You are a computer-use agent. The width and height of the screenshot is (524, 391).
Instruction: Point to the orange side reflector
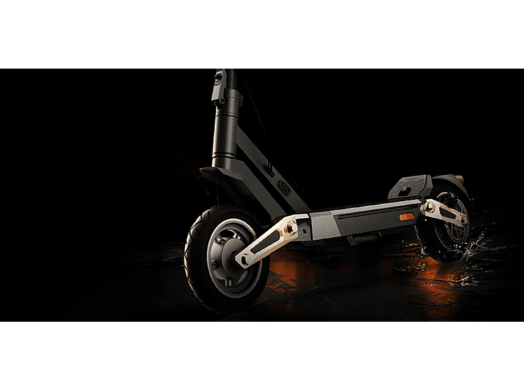(x=405, y=218)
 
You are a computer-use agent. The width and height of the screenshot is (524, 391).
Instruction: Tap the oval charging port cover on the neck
(x=283, y=187)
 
